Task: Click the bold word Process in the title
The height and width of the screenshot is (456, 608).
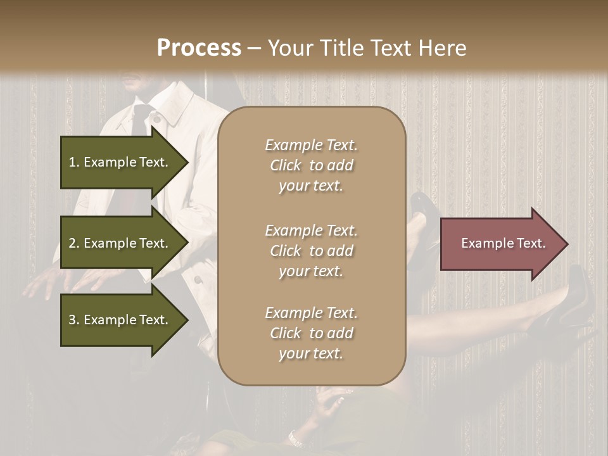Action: point(199,48)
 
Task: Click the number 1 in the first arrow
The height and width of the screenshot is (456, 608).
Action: point(73,162)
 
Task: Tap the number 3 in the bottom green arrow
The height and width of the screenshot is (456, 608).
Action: point(73,320)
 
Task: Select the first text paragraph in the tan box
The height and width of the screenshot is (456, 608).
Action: point(311,165)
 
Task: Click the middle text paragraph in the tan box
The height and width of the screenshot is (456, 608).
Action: point(311,251)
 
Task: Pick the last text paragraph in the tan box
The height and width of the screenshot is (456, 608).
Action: point(311,333)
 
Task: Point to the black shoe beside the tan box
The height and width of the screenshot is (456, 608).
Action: point(420,209)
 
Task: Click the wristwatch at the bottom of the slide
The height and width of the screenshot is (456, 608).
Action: point(294,437)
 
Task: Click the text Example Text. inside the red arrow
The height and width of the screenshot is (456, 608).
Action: point(503,244)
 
